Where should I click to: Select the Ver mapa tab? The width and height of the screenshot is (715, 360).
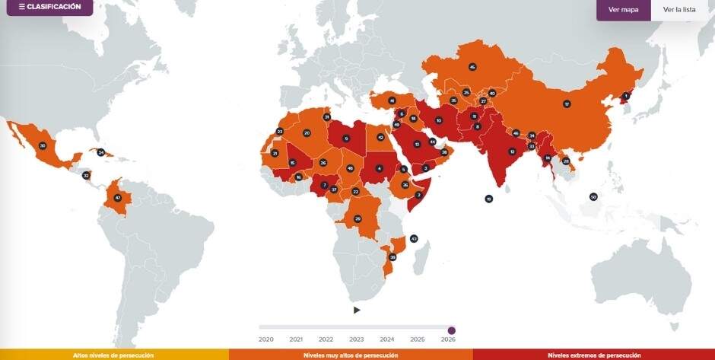pyautogui.click(x=624, y=10)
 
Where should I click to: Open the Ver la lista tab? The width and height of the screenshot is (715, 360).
pyautogui.click(x=678, y=10)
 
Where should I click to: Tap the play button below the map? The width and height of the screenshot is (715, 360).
pyautogui.click(x=357, y=310)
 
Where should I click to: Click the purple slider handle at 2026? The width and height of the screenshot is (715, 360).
pyautogui.click(x=452, y=330)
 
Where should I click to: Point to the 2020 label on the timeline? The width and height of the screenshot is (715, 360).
pyautogui.click(x=266, y=339)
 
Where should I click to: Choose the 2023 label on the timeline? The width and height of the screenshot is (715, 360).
pyautogui.click(x=357, y=339)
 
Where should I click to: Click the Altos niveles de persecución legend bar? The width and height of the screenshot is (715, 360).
pyautogui.click(x=114, y=355)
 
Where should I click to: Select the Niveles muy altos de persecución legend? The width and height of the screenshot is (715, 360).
pyautogui.click(x=351, y=355)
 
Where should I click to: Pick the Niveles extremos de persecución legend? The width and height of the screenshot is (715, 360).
pyautogui.click(x=593, y=355)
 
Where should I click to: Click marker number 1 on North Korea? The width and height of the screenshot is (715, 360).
pyautogui.click(x=627, y=96)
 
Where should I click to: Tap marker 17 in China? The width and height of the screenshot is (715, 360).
pyautogui.click(x=567, y=104)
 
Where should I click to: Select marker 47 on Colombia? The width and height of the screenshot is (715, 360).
pyautogui.click(x=117, y=198)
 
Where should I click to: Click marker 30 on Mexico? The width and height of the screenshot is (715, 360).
pyautogui.click(x=43, y=145)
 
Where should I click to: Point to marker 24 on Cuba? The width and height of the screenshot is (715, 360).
pyautogui.click(x=100, y=152)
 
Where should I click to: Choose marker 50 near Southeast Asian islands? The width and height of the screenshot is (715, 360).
pyautogui.click(x=593, y=197)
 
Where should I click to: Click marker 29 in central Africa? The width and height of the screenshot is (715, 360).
pyautogui.click(x=357, y=219)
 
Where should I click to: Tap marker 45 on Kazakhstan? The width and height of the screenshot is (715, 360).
pyautogui.click(x=472, y=67)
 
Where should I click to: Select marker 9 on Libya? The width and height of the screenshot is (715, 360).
pyautogui.click(x=346, y=139)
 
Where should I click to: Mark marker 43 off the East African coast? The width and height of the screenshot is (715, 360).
pyautogui.click(x=414, y=239)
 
